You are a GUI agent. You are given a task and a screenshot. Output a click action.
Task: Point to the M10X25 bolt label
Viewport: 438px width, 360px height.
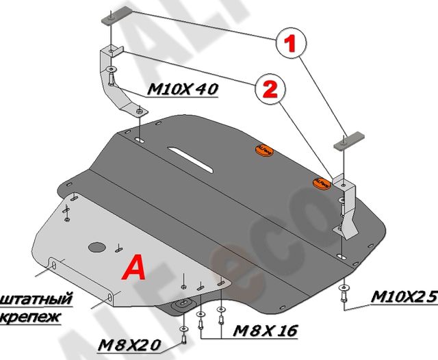(403, 297)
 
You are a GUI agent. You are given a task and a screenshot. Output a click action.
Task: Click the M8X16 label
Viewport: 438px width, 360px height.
(265, 331)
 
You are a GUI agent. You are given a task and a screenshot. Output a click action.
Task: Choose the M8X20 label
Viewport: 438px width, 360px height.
(127, 343)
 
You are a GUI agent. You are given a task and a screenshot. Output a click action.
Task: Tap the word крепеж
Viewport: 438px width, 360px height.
(30, 317)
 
